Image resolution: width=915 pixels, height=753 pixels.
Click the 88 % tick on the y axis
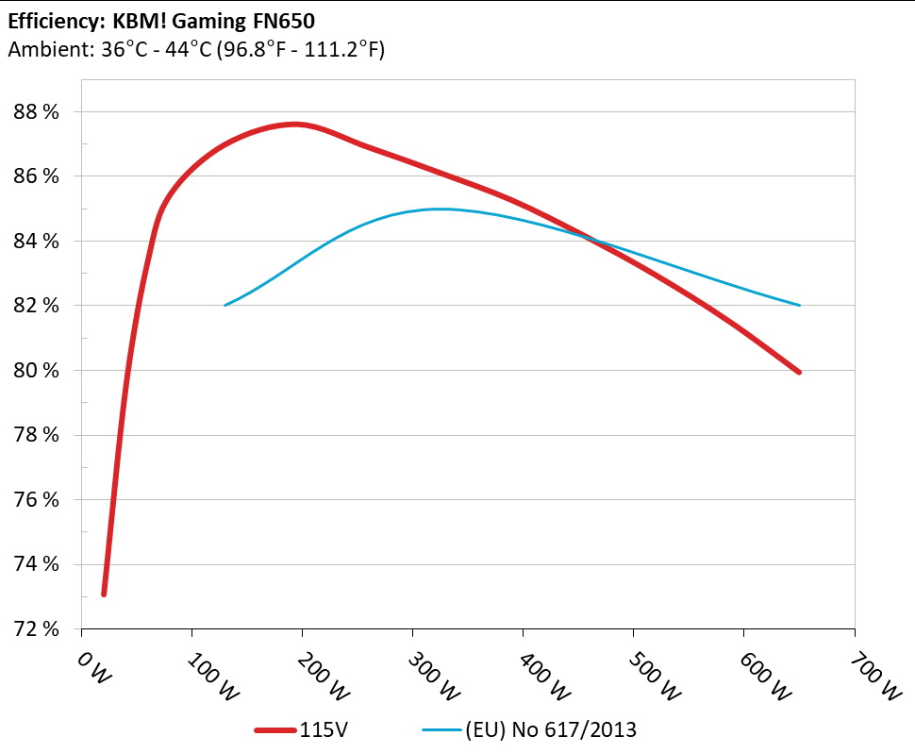36,112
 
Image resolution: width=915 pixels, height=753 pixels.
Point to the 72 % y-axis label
36,628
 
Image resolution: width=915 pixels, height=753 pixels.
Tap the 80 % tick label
36,371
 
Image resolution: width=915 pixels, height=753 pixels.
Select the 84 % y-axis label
36,242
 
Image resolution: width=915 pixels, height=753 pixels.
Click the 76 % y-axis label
36,500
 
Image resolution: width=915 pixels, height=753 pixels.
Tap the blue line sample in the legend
441,730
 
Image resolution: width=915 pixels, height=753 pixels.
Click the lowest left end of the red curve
104,594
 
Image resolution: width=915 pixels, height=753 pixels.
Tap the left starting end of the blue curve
225,305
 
